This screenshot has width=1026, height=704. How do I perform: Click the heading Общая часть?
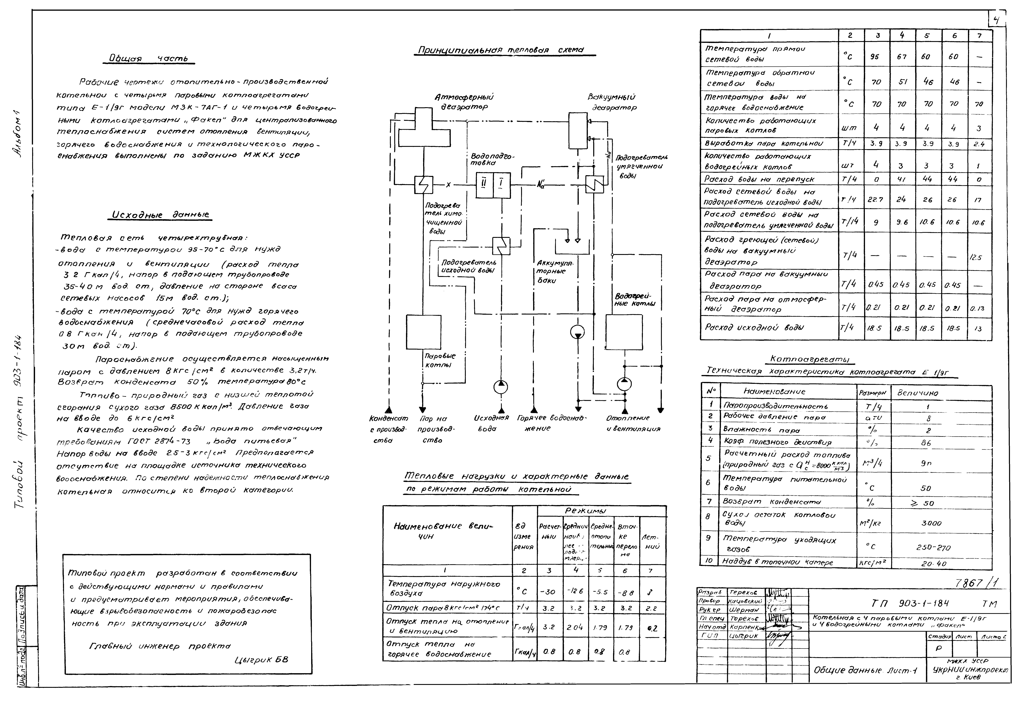point(148,59)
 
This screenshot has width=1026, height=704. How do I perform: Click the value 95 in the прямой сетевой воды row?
point(875,56)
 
